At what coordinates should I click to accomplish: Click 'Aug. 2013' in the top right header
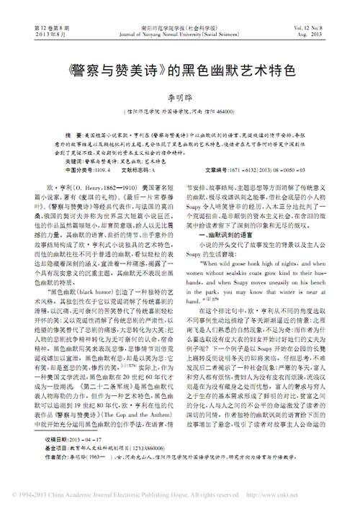click(321, 33)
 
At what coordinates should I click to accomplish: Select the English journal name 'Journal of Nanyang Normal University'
click(179, 33)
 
